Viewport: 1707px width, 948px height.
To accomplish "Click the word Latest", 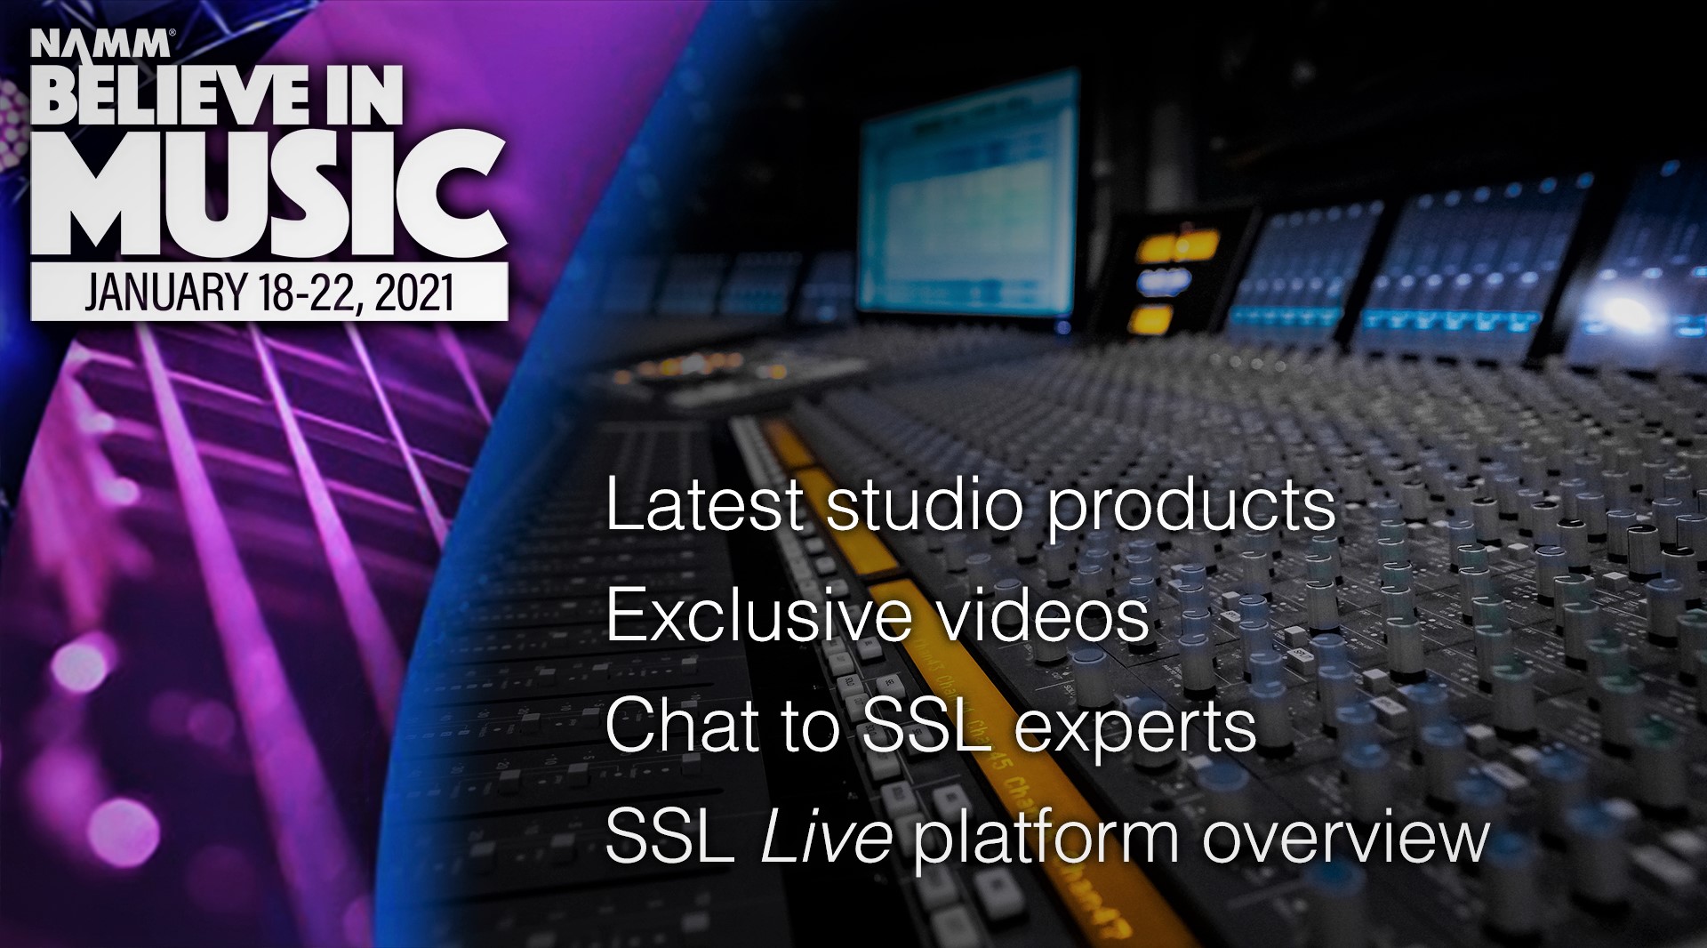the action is (704, 504).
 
